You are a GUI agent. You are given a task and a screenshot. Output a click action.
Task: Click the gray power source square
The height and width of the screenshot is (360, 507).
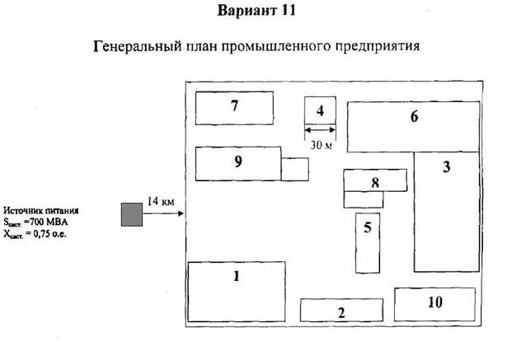pyautogui.click(x=130, y=214)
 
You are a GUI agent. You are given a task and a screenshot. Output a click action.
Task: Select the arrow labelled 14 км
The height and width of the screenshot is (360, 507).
pyautogui.click(x=165, y=214)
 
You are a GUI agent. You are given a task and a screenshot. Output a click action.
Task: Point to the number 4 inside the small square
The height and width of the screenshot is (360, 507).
pyautogui.click(x=321, y=110)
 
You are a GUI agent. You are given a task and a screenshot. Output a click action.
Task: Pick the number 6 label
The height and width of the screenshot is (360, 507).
pyautogui.click(x=415, y=117)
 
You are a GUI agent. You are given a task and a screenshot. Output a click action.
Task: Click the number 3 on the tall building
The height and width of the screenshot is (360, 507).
pyautogui.click(x=446, y=168)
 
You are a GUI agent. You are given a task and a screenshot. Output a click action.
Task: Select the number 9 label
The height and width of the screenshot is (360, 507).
pyautogui.click(x=237, y=161)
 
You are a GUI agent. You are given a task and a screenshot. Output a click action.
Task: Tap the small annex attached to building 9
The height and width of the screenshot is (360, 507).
pyautogui.click(x=294, y=169)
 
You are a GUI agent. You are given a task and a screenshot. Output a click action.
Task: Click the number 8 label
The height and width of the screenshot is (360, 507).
pyautogui.click(x=375, y=182)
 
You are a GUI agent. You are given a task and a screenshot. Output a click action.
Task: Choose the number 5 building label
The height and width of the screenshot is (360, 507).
pyautogui.click(x=368, y=228)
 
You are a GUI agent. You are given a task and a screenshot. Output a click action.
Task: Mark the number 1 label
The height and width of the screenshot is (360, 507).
pyautogui.click(x=236, y=277)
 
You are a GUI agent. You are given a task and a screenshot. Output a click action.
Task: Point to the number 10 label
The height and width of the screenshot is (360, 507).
pyautogui.click(x=434, y=302)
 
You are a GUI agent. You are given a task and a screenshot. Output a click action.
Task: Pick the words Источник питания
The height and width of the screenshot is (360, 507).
pyautogui.click(x=41, y=211)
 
